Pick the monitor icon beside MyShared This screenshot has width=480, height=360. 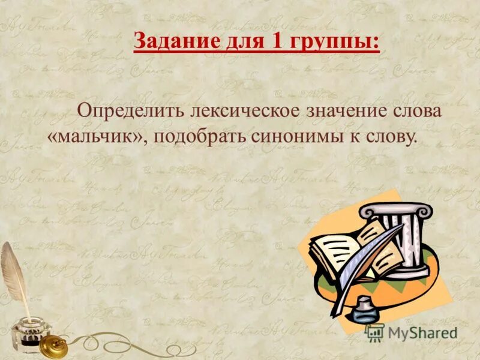pyautogui.click(x=376, y=332)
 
